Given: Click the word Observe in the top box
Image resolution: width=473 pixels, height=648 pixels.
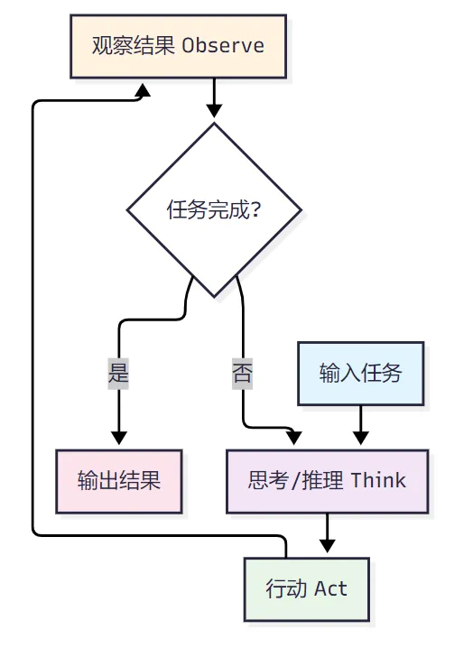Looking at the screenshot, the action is (x=223, y=45).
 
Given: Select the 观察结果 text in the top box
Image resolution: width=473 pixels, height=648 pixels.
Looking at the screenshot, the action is (x=133, y=45).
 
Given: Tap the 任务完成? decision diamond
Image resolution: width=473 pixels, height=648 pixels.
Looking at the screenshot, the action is (x=214, y=210).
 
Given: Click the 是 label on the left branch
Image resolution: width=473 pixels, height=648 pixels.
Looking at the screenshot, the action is (x=118, y=374).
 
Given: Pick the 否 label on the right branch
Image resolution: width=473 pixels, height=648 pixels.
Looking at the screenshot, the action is (x=242, y=374).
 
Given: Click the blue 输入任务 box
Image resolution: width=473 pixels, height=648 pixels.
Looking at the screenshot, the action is (x=360, y=374).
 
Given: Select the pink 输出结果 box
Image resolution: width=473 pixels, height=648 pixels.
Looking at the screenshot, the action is (x=119, y=481).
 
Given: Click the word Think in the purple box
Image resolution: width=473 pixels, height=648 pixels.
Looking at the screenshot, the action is (x=378, y=481).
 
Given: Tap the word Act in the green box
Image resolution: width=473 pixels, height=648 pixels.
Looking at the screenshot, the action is (x=330, y=588).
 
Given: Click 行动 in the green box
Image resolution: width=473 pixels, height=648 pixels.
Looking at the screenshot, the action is (x=286, y=588).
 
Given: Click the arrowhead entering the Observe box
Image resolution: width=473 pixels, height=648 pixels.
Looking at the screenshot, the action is (x=143, y=89).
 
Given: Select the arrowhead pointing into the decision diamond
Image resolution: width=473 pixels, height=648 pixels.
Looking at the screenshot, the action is (x=214, y=111).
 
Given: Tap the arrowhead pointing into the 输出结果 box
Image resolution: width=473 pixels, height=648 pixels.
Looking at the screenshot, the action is (x=119, y=438).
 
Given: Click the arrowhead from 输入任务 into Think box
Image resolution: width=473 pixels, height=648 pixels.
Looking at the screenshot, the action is (x=360, y=438).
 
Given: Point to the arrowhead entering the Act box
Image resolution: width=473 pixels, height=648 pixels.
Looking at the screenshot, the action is (x=327, y=546).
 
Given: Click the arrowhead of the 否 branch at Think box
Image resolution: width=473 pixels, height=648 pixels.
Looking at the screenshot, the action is (x=295, y=438).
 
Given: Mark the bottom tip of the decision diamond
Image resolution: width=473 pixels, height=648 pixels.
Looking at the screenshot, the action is (x=214, y=297).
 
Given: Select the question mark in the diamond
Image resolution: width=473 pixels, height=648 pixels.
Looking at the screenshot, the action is (x=255, y=210).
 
